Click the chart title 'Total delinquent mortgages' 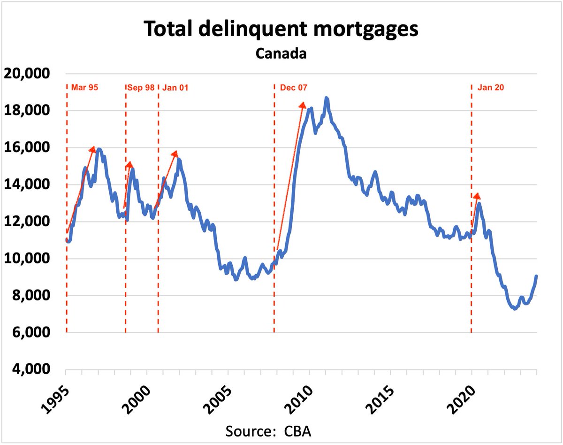281,29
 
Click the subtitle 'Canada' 281,53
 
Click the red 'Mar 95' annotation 84,87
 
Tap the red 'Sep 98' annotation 141,87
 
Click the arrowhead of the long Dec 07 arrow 303,104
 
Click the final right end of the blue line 536,276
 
